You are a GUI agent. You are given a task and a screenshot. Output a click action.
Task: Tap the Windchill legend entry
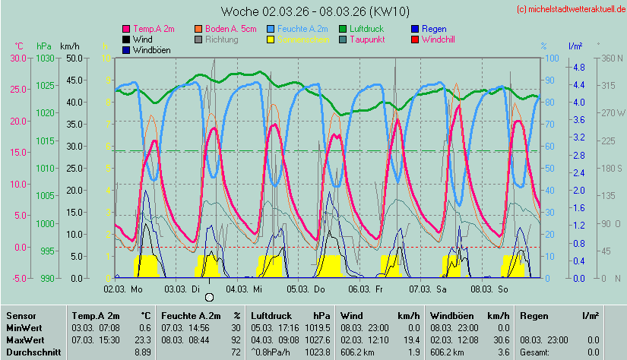(438, 39)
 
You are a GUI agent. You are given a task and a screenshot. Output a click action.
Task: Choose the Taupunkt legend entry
(366, 39)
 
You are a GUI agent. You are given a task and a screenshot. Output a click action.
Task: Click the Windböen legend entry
(150, 49)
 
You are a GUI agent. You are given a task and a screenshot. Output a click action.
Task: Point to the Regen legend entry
(434, 28)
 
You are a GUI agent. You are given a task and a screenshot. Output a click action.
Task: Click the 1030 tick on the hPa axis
(46, 58)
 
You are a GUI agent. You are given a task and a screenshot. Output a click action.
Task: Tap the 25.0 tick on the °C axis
(17, 90)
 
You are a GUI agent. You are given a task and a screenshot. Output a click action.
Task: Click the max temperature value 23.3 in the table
(140, 339)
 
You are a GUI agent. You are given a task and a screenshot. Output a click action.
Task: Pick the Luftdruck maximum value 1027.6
(318, 339)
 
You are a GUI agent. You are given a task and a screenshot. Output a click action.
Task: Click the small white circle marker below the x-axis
(209, 297)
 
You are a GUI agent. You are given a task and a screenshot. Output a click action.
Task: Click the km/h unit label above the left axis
(70, 46)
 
